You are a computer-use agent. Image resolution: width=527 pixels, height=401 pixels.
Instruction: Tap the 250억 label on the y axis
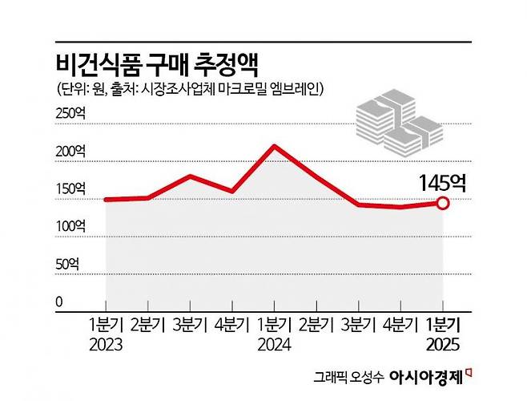coord(70,114)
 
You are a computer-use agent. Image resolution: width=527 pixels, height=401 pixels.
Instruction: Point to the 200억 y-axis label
coord(70,152)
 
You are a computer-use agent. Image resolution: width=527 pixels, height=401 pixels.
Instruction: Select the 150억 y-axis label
coord(70,189)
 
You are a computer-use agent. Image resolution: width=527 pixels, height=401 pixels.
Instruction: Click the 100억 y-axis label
coord(70,227)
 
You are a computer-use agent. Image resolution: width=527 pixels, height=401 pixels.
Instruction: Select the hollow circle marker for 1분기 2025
coord(443,203)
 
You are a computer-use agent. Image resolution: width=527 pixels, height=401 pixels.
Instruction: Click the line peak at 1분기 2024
coord(274,146)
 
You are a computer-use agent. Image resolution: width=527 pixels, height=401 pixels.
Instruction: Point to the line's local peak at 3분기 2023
coord(189,176)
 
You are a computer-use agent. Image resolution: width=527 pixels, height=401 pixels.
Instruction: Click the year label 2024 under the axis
coord(273,346)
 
